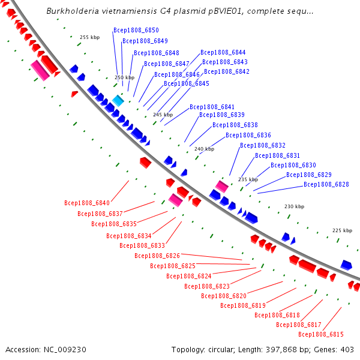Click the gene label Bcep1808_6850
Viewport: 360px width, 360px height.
(136, 31)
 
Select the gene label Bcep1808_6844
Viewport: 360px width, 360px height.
(223, 53)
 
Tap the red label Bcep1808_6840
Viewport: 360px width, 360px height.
(87, 203)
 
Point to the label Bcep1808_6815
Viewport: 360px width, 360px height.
(321, 334)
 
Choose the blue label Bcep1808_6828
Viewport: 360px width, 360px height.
(326, 184)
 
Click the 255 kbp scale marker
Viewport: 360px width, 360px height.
(90, 37)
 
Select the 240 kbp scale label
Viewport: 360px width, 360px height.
(205, 149)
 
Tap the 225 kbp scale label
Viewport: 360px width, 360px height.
(343, 230)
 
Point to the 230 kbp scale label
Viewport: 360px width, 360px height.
(295, 206)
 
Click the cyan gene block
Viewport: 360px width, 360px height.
(118, 101)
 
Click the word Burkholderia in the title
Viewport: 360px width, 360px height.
(73, 11)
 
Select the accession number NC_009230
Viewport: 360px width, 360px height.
(65, 350)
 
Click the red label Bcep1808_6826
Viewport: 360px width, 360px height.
(157, 256)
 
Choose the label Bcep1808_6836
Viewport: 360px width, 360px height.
(248, 135)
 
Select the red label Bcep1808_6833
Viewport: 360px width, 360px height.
(142, 245)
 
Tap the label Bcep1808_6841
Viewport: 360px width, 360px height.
(212, 107)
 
